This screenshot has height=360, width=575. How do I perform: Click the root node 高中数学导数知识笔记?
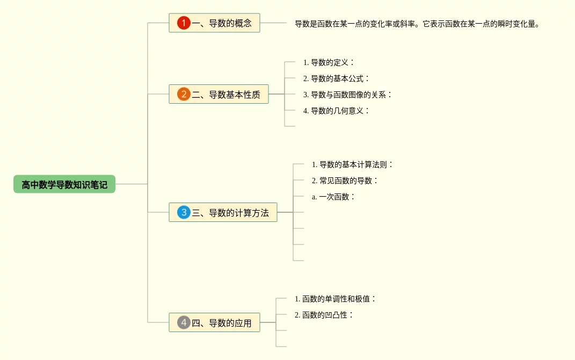click(64, 184)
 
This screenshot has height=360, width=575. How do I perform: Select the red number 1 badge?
click(184, 23)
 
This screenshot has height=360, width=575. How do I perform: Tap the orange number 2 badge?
click(184, 95)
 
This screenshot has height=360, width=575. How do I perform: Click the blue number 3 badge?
click(184, 212)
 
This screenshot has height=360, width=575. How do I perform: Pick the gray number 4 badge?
click(184, 322)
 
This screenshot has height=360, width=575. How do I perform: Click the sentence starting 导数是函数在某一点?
click(416, 24)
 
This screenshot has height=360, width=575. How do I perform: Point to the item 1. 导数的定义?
click(329, 62)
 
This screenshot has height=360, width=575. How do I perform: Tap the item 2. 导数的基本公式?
click(336, 78)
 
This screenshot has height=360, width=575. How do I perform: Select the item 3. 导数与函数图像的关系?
click(347, 95)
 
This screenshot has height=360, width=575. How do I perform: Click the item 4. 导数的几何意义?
click(336, 111)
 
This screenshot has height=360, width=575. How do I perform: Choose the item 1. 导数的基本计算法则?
click(353, 164)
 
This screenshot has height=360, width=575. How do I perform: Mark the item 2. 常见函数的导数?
click(345, 181)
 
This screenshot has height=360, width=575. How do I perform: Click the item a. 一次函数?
click(333, 197)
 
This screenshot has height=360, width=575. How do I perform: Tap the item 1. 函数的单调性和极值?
click(336, 299)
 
